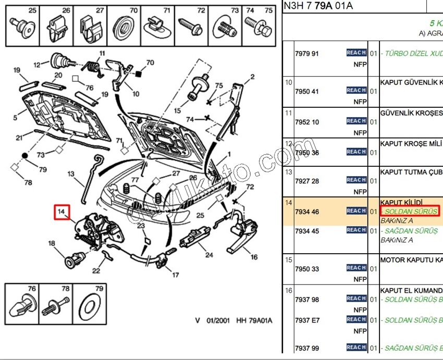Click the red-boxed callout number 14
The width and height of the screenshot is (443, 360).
click(x=61, y=212)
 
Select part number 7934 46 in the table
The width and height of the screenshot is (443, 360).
click(x=307, y=212)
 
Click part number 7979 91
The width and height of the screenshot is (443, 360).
click(x=307, y=54)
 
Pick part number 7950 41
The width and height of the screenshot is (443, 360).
click(x=307, y=92)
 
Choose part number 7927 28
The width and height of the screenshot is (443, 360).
click(x=307, y=181)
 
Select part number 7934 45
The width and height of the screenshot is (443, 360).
click(x=307, y=231)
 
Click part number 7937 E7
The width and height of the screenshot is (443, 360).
click(x=307, y=320)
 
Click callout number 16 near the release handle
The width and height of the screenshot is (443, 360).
click(x=253, y=257)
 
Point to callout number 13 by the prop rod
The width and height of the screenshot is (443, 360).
click(x=71, y=174)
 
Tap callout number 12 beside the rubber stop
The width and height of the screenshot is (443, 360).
click(x=37, y=65)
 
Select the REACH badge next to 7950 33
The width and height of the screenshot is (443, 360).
click(x=356, y=268)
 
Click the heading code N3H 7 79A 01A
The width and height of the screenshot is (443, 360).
click(x=318, y=6)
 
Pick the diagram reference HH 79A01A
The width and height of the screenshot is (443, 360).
click(x=254, y=320)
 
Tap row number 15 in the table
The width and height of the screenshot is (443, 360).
click(x=288, y=259)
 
